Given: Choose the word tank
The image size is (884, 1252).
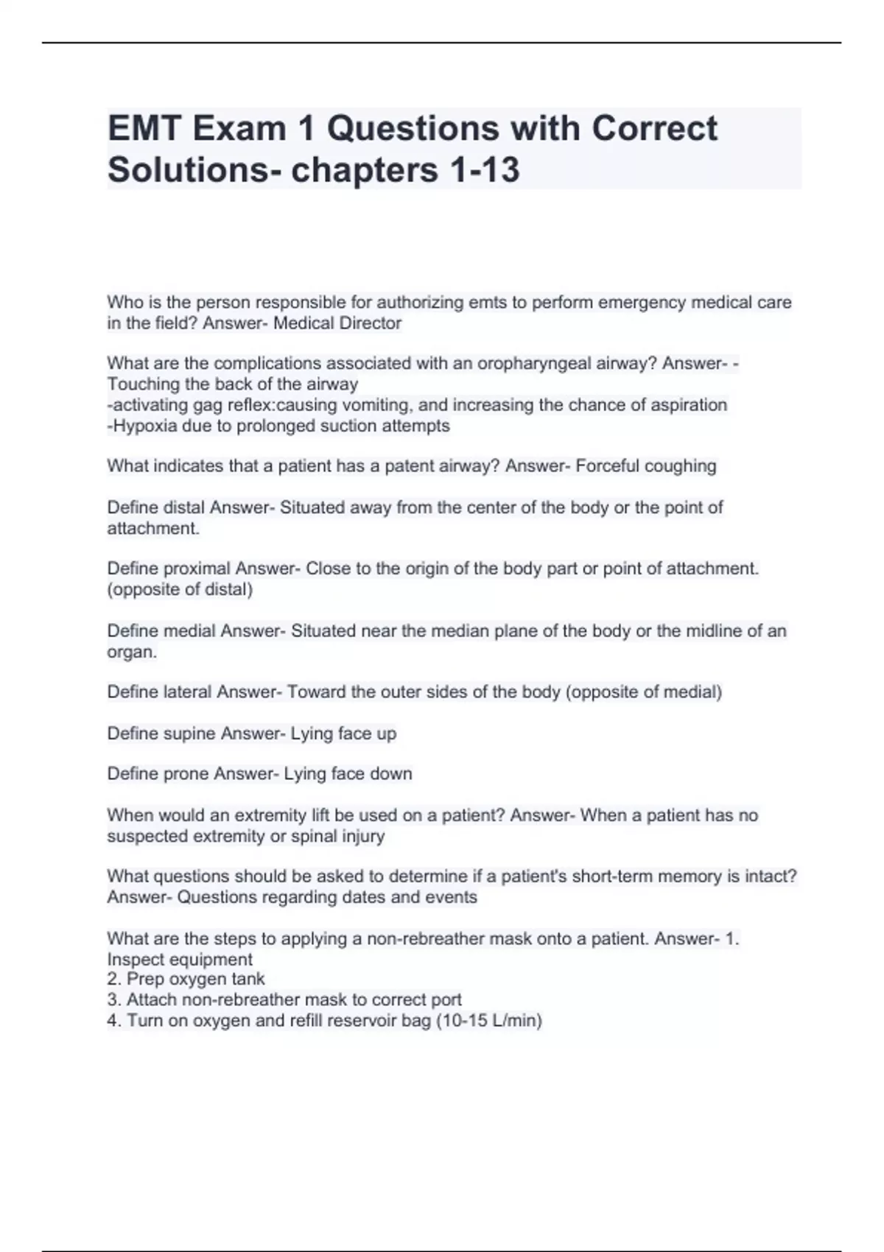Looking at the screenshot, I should (x=249, y=980).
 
